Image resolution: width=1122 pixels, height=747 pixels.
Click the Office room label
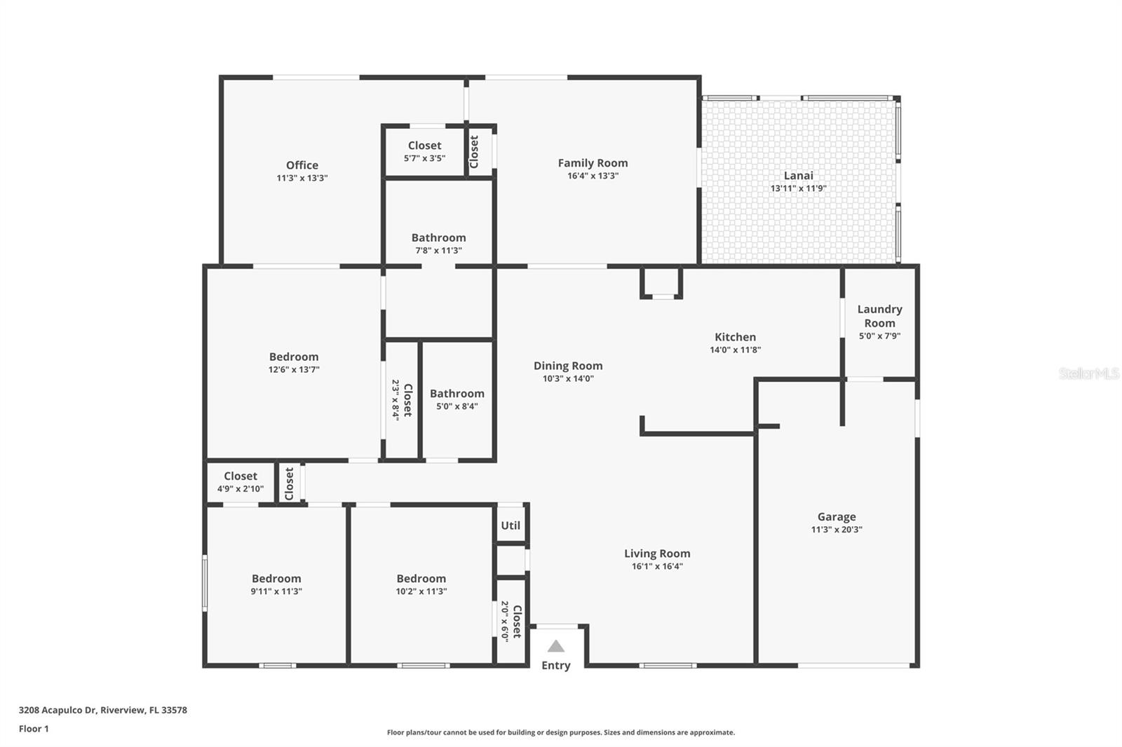[302, 165]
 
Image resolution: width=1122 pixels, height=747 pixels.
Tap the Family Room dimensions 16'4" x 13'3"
[593, 176]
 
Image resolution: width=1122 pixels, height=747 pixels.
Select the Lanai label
[799, 176]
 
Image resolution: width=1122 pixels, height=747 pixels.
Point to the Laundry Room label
[879, 316]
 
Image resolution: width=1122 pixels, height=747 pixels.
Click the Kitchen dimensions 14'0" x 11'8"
[736, 350]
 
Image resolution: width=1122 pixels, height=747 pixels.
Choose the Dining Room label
[568, 366]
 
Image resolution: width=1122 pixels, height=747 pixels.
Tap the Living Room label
[657, 554]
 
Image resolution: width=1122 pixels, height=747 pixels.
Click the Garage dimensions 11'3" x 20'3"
[837, 529]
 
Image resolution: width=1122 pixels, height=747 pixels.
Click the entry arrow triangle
[556, 646]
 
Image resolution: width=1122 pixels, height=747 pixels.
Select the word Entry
[556, 666]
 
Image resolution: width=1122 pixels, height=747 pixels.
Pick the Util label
[511, 526]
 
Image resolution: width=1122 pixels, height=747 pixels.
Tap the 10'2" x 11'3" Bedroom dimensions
[421, 591]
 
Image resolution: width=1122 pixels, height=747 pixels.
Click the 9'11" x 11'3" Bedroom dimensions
[276, 591]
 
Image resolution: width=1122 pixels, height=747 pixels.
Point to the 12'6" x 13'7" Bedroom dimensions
[294, 370]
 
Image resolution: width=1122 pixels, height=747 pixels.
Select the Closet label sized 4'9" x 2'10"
[241, 476]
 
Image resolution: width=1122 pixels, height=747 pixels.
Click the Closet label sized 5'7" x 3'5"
[425, 146]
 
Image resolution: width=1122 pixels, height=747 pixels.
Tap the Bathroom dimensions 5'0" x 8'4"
[457, 406]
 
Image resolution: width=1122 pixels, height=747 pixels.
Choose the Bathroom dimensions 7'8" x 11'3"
[439, 251]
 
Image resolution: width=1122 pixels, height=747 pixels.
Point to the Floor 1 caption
[34, 729]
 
